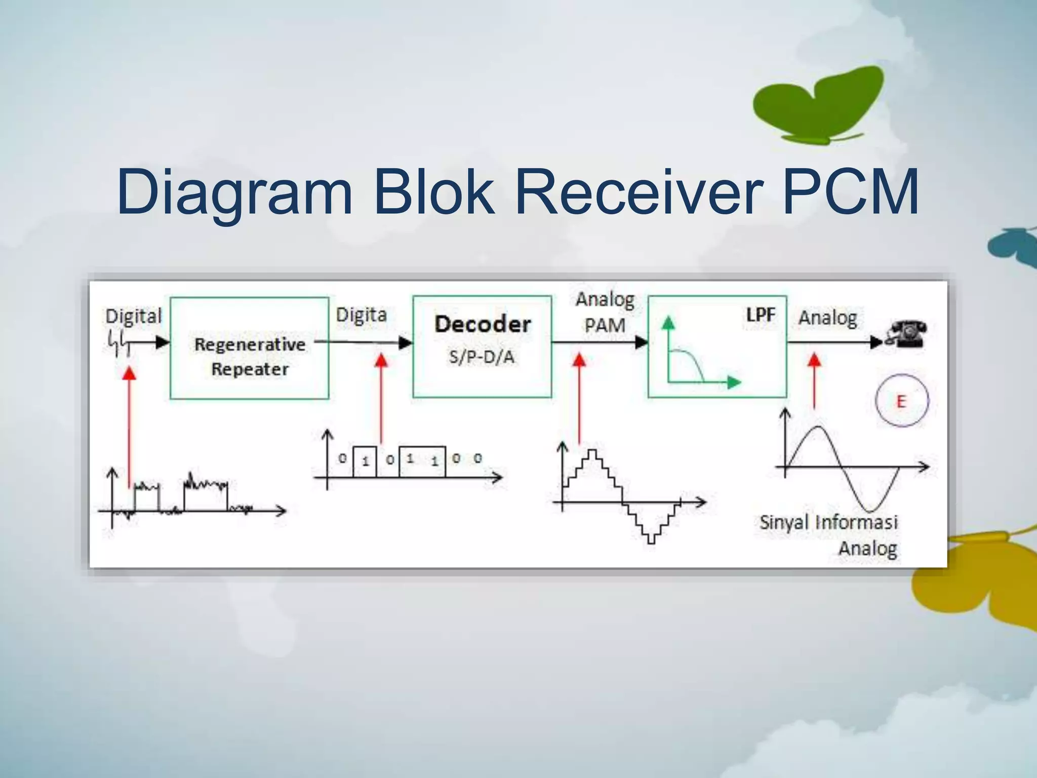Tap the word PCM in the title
(x=851, y=192)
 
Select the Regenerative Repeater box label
(x=250, y=357)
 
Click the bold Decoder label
(x=483, y=324)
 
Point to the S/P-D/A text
(x=482, y=357)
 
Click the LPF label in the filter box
(x=760, y=315)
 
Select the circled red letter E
(x=901, y=401)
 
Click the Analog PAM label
(x=605, y=313)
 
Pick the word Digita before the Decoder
(x=361, y=315)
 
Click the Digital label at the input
(x=133, y=316)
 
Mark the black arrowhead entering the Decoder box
(x=406, y=343)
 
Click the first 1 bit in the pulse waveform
(x=365, y=461)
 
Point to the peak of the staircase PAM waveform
(x=592, y=451)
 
